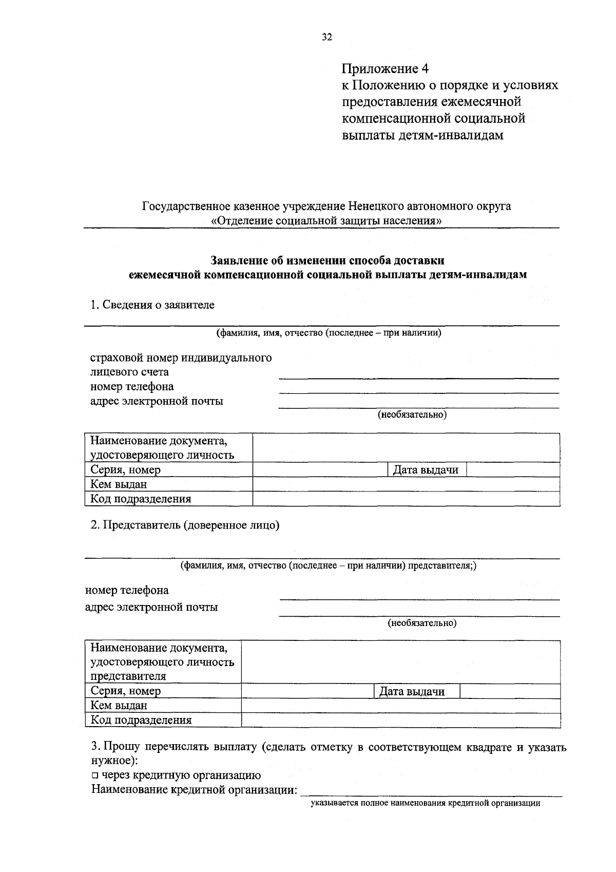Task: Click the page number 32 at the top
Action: [326, 37]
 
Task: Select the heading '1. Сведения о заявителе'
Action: [152, 305]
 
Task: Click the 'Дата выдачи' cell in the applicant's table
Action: [426, 469]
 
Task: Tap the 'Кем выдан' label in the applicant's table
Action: [119, 484]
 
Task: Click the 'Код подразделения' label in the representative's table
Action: [141, 720]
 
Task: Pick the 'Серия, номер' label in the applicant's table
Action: [125, 469]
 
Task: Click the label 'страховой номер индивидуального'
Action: [181, 357]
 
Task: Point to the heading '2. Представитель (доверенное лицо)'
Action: [185, 525]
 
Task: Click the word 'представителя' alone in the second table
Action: [128, 676]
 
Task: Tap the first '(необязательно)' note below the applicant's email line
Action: [412, 415]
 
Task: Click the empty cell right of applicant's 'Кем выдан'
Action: [406, 484]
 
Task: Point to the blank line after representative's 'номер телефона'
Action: [419, 596]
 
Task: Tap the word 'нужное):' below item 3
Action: [114, 761]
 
